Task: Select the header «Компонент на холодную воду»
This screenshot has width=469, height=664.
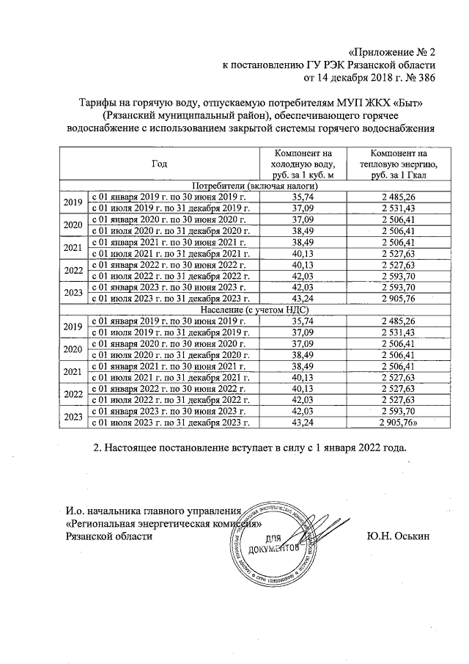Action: click(x=304, y=164)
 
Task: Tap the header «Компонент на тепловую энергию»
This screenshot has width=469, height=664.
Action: click(x=399, y=164)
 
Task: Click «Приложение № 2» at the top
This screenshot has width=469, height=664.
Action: click(x=392, y=52)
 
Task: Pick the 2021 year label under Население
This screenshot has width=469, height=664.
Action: click(x=73, y=372)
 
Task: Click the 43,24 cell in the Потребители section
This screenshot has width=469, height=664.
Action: click(x=304, y=298)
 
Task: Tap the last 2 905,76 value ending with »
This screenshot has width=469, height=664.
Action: click(x=399, y=423)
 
